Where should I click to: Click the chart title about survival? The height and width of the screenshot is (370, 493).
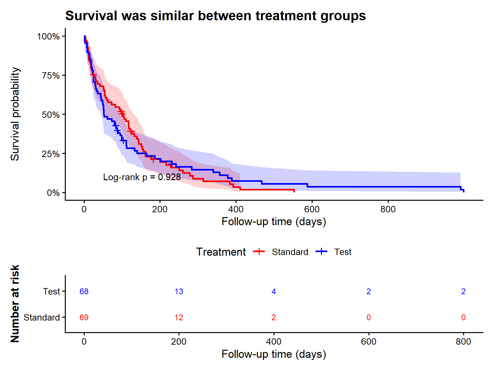pyautogui.click(x=215, y=16)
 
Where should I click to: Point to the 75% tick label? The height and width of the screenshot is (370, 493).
pyautogui.click(x=51, y=75)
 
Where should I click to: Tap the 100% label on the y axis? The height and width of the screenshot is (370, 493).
pyautogui.click(x=48, y=36)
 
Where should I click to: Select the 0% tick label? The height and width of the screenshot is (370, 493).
pyautogui.click(x=53, y=193)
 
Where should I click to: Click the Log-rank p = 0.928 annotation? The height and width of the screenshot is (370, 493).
pyautogui.click(x=142, y=177)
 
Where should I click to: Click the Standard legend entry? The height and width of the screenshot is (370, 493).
pyautogui.click(x=281, y=252)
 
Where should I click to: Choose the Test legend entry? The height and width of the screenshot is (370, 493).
pyautogui.click(x=333, y=252)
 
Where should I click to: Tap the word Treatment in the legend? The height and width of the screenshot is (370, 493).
pyautogui.click(x=221, y=252)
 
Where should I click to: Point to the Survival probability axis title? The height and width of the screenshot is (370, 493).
pyautogui.click(x=15, y=114)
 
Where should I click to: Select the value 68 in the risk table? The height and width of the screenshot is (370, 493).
pyautogui.click(x=84, y=291)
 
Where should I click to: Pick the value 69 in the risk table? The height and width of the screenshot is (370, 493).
pyautogui.click(x=84, y=317)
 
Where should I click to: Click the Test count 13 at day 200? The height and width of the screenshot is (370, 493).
pyautogui.click(x=179, y=291)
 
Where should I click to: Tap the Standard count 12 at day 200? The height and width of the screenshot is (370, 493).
pyautogui.click(x=179, y=317)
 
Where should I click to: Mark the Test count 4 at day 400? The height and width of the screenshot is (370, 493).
pyautogui.click(x=273, y=291)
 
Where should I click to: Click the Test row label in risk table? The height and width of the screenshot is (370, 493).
pyautogui.click(x=51, y=291)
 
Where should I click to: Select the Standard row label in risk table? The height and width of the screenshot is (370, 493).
pyautogui.click(x=42, y=317)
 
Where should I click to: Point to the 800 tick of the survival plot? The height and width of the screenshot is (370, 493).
pyautogui.click(x=388, y=209)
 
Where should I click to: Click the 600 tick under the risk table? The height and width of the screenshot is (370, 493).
pyautogui.click(x=368, y=342)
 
